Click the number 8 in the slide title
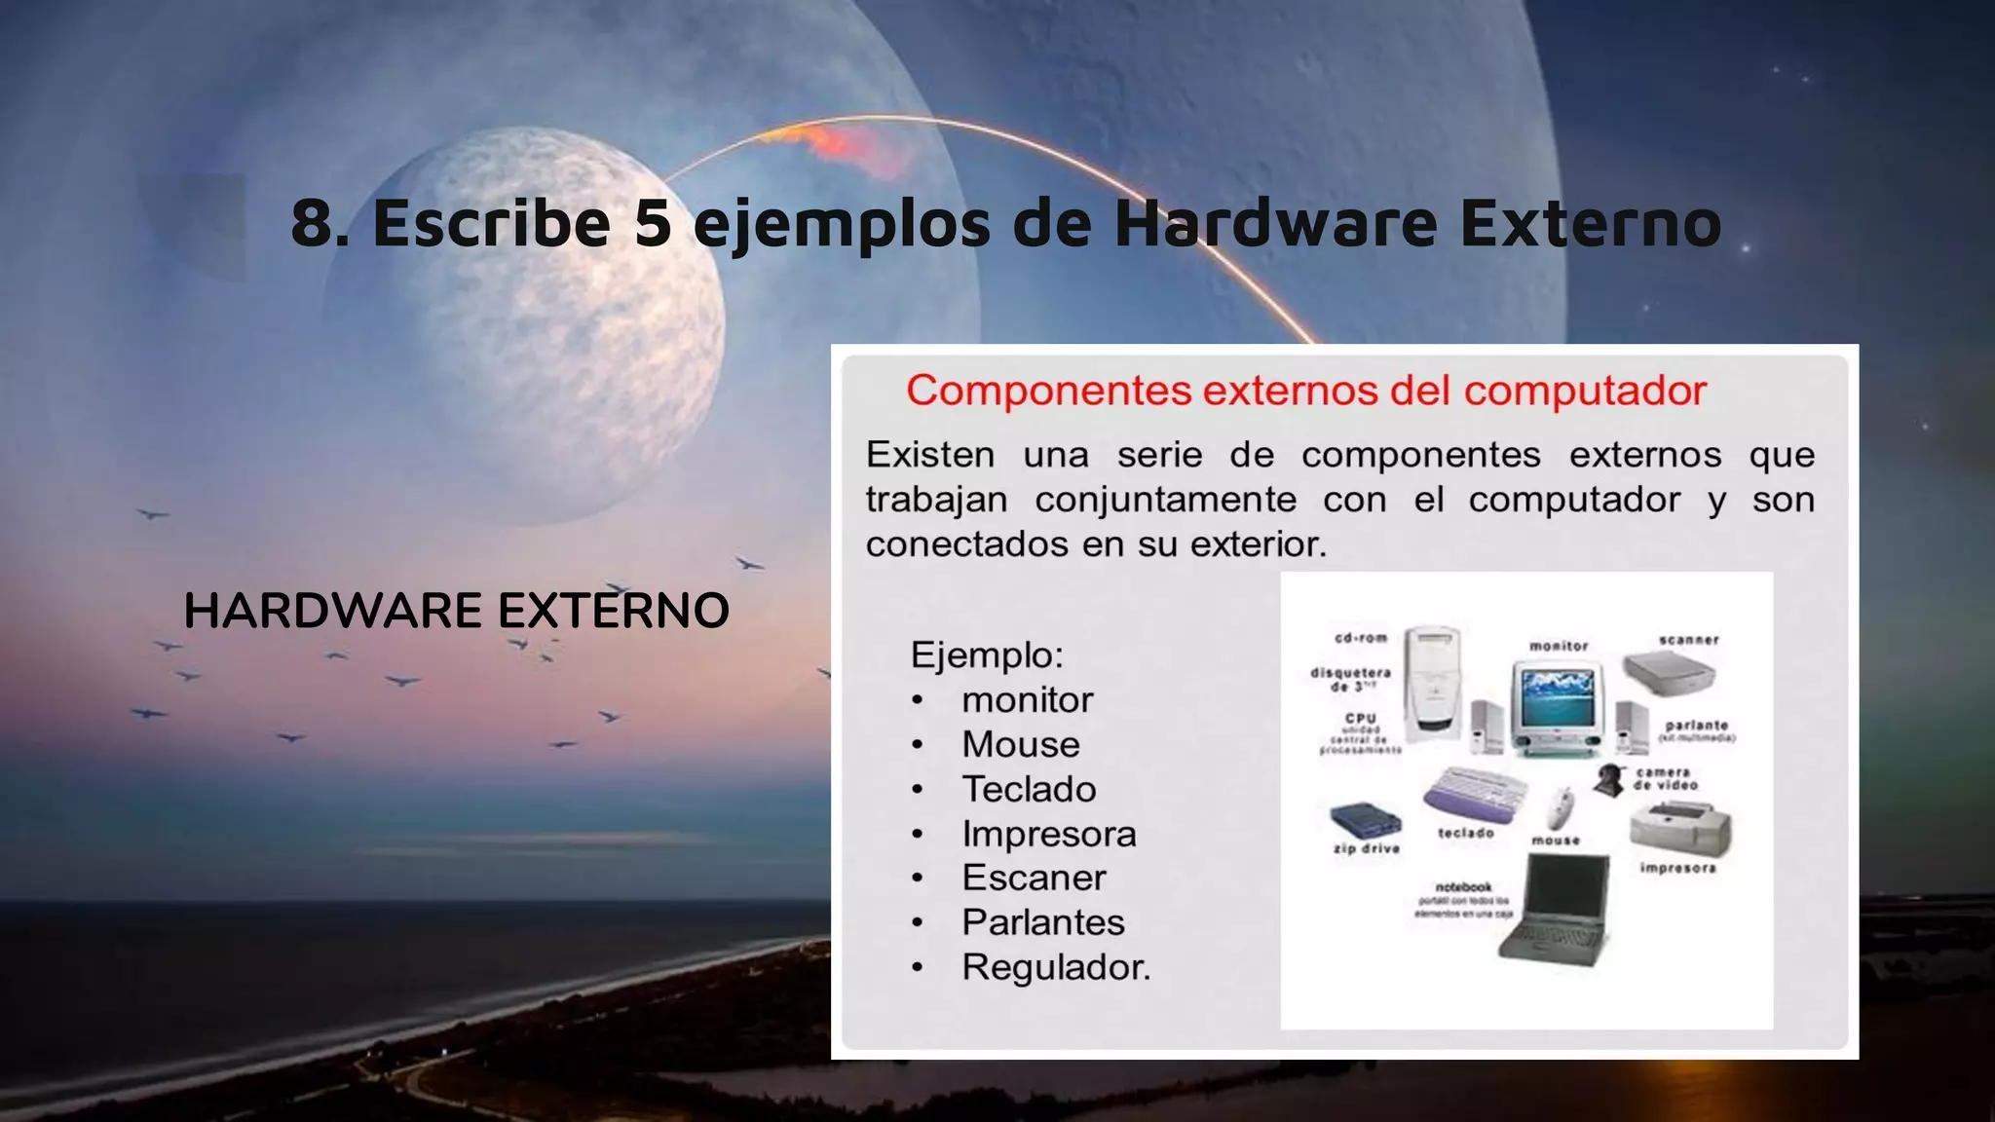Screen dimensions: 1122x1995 click(x=314, y=222)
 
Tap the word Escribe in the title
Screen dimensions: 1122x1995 click(x=491, y=222)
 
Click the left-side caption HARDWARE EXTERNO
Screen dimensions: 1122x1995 click(x=456, y=611)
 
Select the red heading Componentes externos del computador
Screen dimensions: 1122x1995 click(x=1306, y=391)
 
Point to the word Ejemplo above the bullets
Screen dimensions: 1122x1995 click(x=986, y=654)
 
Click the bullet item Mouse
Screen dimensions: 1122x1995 click(x=1020, y=744)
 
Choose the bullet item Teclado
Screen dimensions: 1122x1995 click(x=1029, y=789)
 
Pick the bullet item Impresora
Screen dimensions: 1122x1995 click(x=1048, y=834)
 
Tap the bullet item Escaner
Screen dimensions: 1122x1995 click(x=1034, y=878)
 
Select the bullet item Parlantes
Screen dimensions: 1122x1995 click(x=1042, y=922)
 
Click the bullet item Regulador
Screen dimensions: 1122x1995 click(x=1056, y=967)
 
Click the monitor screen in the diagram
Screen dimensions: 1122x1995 click(x=1557, y=693)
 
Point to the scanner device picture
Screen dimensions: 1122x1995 click(x=1668, y=672)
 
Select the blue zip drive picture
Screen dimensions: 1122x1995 click(x=1366, y=820)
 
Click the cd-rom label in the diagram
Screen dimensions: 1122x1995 click(x=1361, y=638)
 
